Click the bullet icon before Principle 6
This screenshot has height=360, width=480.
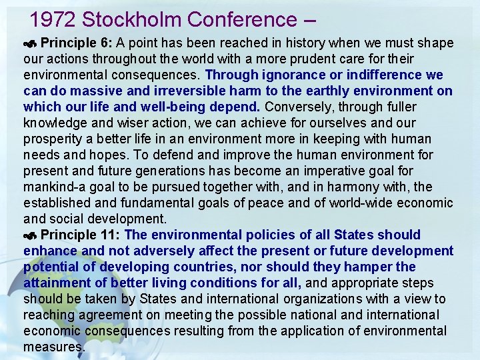click(x=31, y=44)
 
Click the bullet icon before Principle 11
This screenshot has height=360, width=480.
click(x=31, y=236)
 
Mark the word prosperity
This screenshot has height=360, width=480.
click(x=55, y=139)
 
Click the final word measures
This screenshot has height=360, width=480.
click(x=54, y=347)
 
